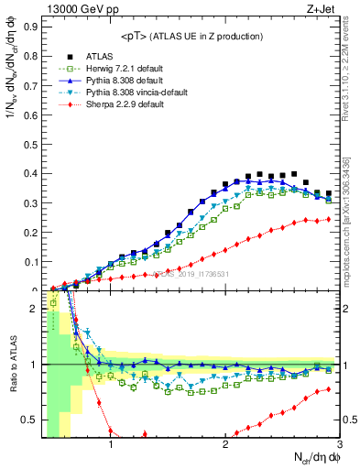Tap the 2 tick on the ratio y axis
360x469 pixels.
coord(34,309)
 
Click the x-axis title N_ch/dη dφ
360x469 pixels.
coord(315,458)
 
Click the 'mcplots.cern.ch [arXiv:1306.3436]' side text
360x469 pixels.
coord(349,220)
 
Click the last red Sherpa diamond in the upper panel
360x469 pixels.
coord(328,219)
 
